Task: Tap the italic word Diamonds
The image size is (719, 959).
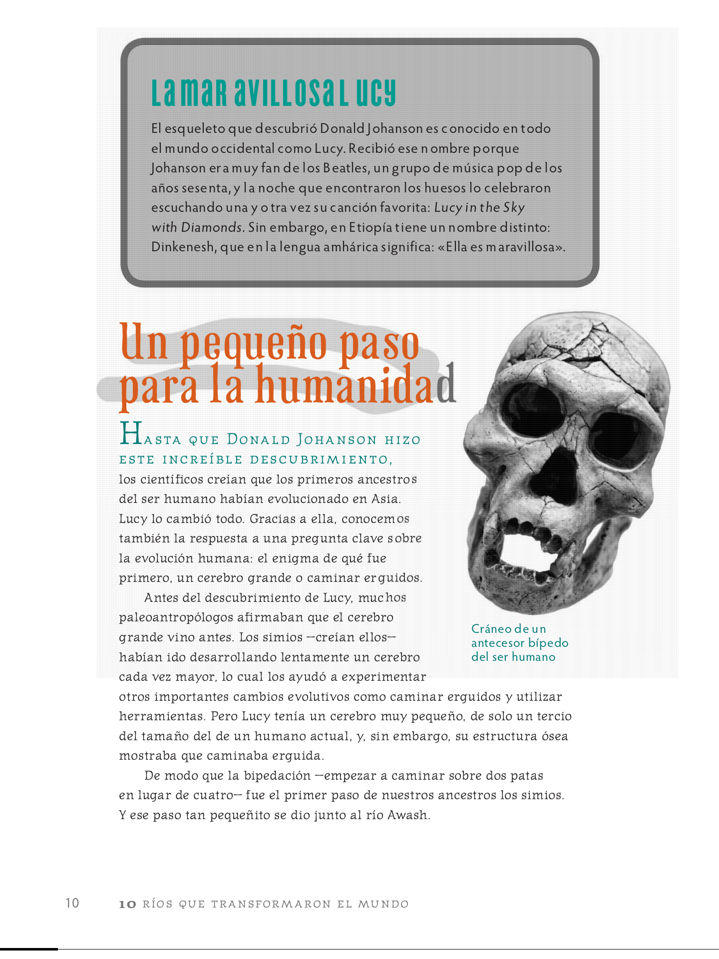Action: [x=212, y=228]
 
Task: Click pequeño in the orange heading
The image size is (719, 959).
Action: [x=253, y=343]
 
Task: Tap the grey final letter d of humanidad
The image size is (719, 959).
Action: [x=446, y=386]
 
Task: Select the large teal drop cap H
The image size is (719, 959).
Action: [x=131, y=434]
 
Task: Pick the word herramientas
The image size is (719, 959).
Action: [x=162, y=716]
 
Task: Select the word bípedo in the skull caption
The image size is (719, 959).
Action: [x=548, y=643]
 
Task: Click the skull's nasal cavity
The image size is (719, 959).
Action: [x=554, y=479]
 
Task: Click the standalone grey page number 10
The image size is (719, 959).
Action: [x=72, y=903]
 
